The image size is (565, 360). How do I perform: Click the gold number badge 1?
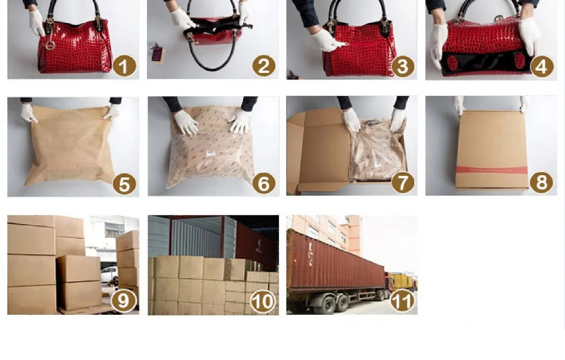point(124,66)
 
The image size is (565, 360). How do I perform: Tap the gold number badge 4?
point(542,66)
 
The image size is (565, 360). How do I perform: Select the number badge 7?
point(402,183)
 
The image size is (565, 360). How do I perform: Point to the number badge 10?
point(263,301)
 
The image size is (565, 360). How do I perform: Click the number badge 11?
point(402,301)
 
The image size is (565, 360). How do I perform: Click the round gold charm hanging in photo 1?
point(50,45)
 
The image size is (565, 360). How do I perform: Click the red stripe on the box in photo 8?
point(492,170)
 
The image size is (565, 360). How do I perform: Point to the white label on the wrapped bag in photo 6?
point(210,154)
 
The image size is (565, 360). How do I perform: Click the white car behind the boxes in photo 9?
point(109,274)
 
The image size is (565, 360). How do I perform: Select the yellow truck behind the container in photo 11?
point(402,281)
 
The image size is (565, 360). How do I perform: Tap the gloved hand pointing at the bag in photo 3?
point(327,40)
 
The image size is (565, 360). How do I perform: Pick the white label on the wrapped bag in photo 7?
point(377,166)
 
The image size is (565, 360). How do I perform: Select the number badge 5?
point(124,184)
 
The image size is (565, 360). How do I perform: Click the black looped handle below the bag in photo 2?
point(212,58)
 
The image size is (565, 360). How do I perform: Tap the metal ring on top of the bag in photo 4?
point(499,18)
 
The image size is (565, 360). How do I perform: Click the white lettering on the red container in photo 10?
point(258,245)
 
